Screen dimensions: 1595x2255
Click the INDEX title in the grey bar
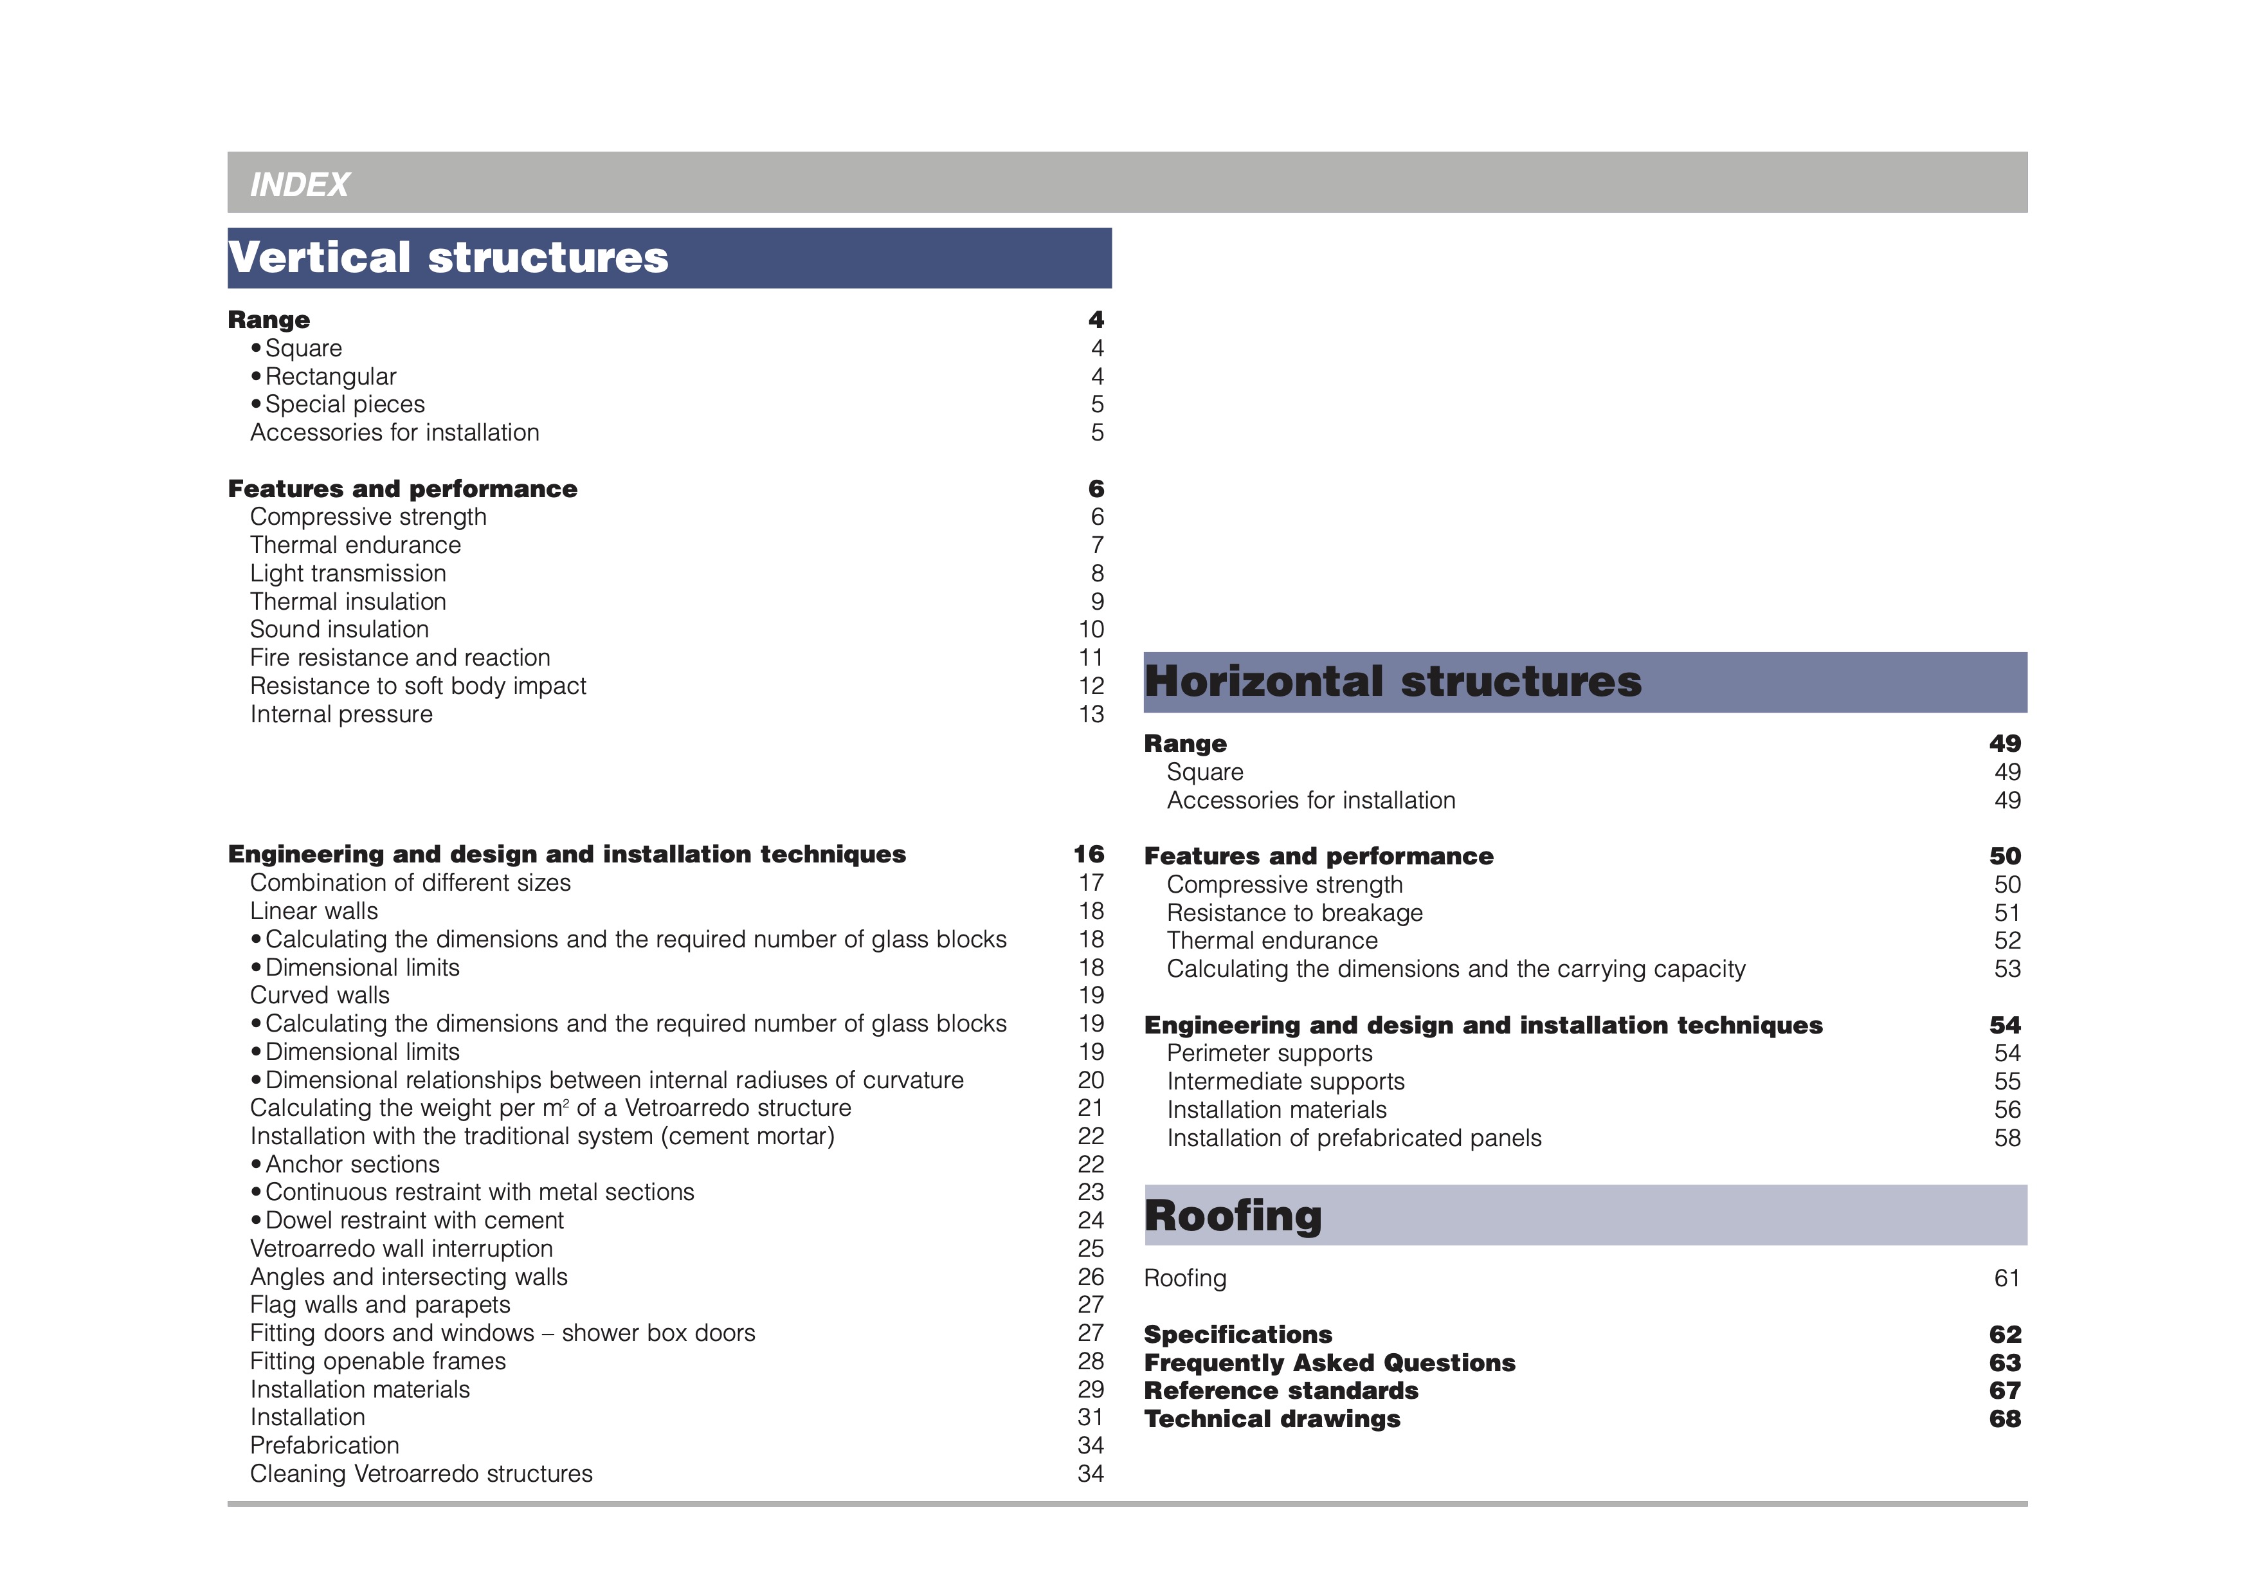300,185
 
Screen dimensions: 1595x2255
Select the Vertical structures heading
448,257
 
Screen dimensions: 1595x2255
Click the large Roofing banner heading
1233,1216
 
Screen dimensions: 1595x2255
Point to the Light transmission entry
348,574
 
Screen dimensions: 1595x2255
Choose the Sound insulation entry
339,630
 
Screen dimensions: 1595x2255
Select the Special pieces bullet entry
344,405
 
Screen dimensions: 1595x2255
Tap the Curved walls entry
319,996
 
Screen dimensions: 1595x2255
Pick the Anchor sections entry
352,1165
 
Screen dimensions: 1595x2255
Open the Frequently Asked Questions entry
1329,1363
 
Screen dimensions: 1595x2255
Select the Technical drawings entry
1272,1419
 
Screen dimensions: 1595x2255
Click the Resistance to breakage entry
1294,913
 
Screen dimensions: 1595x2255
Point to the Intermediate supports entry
1285,1082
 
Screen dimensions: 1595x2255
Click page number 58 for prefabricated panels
2007,1138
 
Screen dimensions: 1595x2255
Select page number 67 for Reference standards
2005,1390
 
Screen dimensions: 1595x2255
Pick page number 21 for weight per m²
1091,1109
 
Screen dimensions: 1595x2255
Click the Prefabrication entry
324,1446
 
